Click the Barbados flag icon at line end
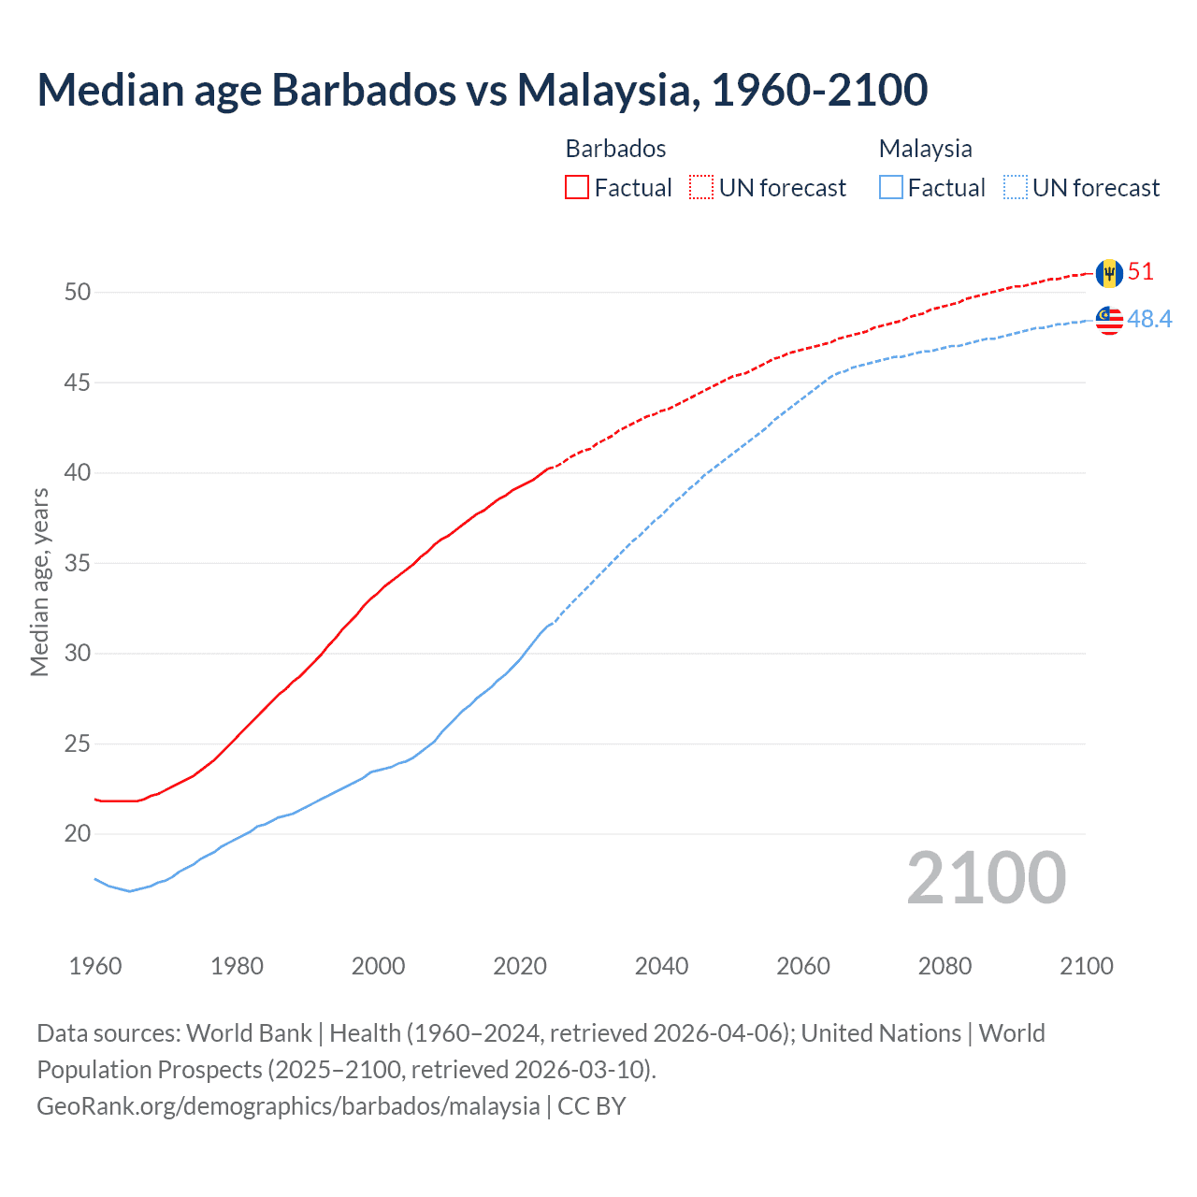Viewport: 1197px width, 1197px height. pos(1109,273)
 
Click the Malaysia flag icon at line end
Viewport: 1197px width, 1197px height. pos(1109,320)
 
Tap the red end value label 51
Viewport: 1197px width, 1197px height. pos(1141,272)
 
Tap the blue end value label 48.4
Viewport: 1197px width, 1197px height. pos(1149,320)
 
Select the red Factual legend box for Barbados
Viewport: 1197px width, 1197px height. pos(577,188)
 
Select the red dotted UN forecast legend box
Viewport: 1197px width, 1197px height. pos(701,188)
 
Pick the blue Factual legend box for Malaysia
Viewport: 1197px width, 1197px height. pos(891,188)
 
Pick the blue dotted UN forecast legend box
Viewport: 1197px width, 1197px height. pos(1016,188)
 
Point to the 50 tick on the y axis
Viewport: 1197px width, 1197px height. pos(78,293)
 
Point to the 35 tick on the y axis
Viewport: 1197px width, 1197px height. pos(78,564)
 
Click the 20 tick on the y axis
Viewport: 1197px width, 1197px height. pos(78,834)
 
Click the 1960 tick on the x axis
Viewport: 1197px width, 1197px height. pos(95,966)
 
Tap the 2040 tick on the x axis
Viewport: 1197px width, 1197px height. pos(661,966)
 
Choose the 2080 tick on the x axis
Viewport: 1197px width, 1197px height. pos(945,966)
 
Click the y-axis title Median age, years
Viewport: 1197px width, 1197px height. pos(39,582)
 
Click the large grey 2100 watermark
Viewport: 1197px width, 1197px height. pos(986,878)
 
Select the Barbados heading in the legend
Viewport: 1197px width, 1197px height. pos(615,149)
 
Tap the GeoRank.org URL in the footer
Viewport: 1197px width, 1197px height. pos(288,1106)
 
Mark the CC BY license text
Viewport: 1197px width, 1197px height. pos(592,1106)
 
